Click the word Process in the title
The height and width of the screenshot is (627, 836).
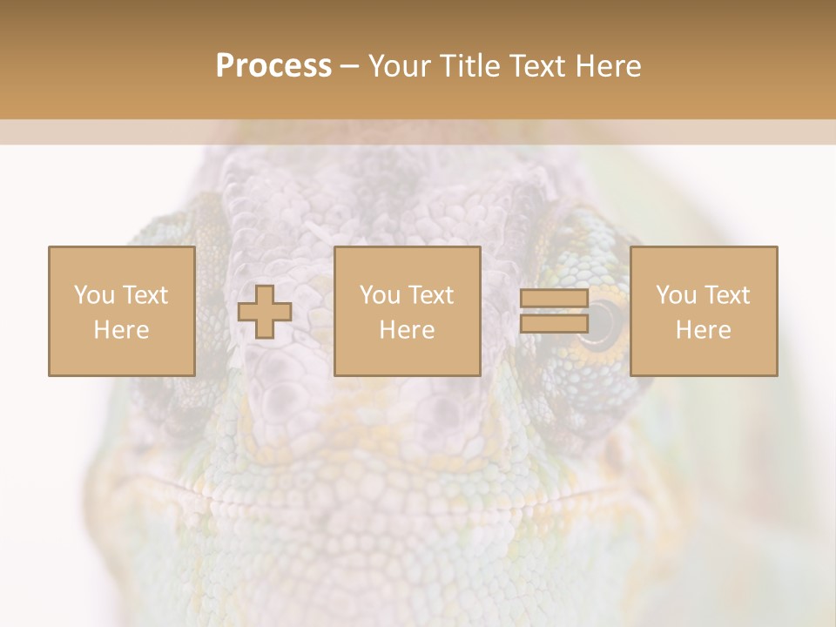point(273,66)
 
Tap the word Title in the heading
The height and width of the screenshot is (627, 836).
point(469,66)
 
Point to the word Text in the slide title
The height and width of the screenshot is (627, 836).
point(536,66)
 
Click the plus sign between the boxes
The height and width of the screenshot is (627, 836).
point(265,312)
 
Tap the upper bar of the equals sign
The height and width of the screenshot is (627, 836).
point(554,299)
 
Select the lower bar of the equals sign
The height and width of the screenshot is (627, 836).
point(554,323)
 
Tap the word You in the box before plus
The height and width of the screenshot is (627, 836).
point(92,295)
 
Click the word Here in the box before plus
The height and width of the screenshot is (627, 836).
point(121,330)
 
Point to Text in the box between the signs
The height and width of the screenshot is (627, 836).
point(431,295)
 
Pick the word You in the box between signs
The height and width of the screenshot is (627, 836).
point(379,295)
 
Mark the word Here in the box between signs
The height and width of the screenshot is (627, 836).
point(407,330)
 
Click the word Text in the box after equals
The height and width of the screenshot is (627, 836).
point(727,295)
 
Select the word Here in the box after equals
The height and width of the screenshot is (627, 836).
point(703,330)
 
